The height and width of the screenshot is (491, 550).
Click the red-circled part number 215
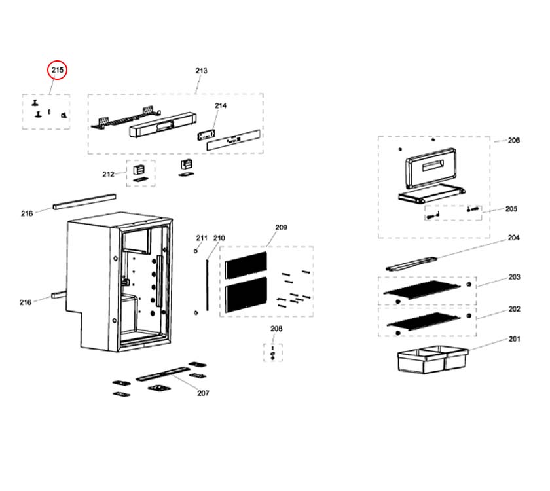point(58,70)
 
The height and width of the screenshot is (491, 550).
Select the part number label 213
point(201,71)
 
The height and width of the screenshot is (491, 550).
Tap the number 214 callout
point(220,105)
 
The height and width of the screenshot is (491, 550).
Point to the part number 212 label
point(108,174)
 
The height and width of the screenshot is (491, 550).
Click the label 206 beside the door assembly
point(513,140)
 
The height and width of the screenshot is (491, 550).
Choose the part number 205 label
point(511,209)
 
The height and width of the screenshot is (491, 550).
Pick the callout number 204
point(513,238)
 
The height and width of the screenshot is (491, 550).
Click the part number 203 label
point(514,277)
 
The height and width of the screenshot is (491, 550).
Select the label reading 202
point(514,308)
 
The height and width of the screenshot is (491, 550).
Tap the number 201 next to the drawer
point(514,339)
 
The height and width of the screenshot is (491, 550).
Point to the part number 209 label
point(281,227)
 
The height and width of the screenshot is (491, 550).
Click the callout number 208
point(276,329)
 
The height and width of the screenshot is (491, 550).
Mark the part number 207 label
point(203,393)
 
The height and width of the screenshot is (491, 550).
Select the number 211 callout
point(201,238)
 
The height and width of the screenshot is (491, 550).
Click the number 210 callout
point(219,238)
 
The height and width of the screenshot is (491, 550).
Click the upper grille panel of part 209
point(246,263)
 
